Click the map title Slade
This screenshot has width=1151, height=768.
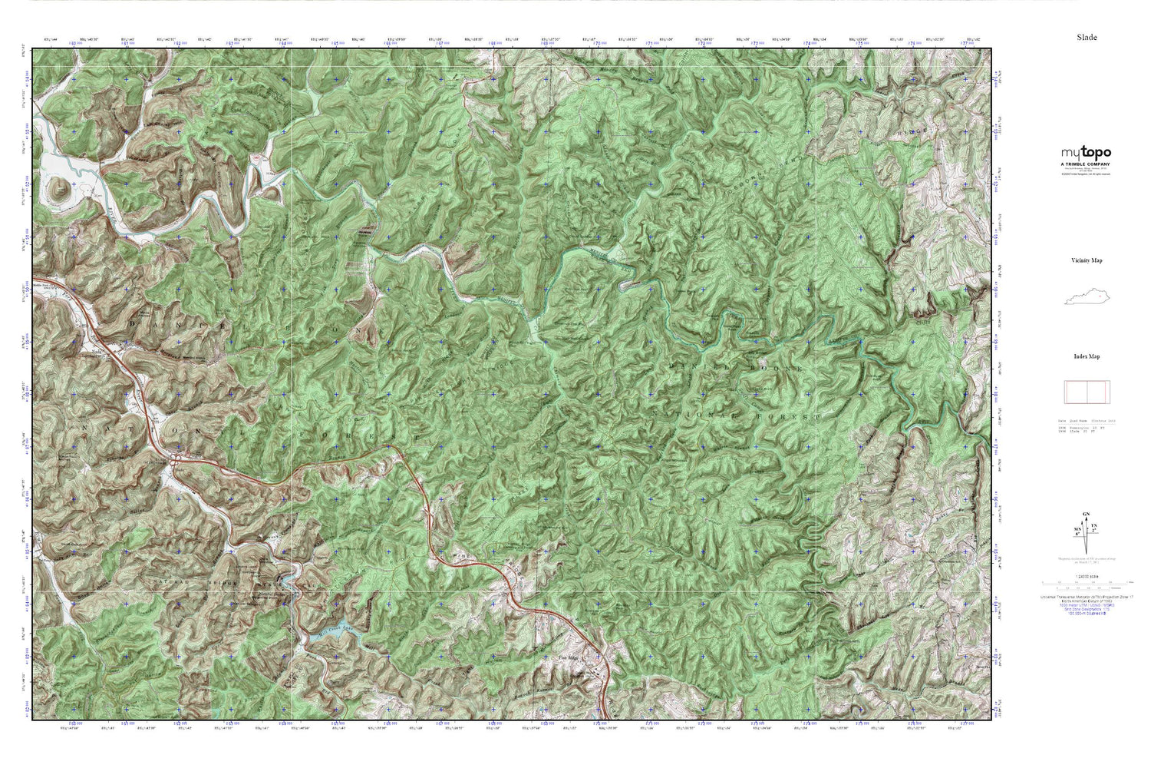1087,37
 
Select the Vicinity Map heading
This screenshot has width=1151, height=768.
1087,260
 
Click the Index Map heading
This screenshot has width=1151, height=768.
1087,356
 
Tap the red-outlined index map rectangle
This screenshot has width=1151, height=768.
1086,392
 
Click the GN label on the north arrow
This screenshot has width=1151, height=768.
1086,514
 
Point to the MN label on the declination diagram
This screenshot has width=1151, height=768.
1078,530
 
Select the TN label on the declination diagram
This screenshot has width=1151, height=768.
1094,525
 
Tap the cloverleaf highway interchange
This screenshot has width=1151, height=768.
176,461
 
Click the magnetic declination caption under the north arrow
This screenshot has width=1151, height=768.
1086,559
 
